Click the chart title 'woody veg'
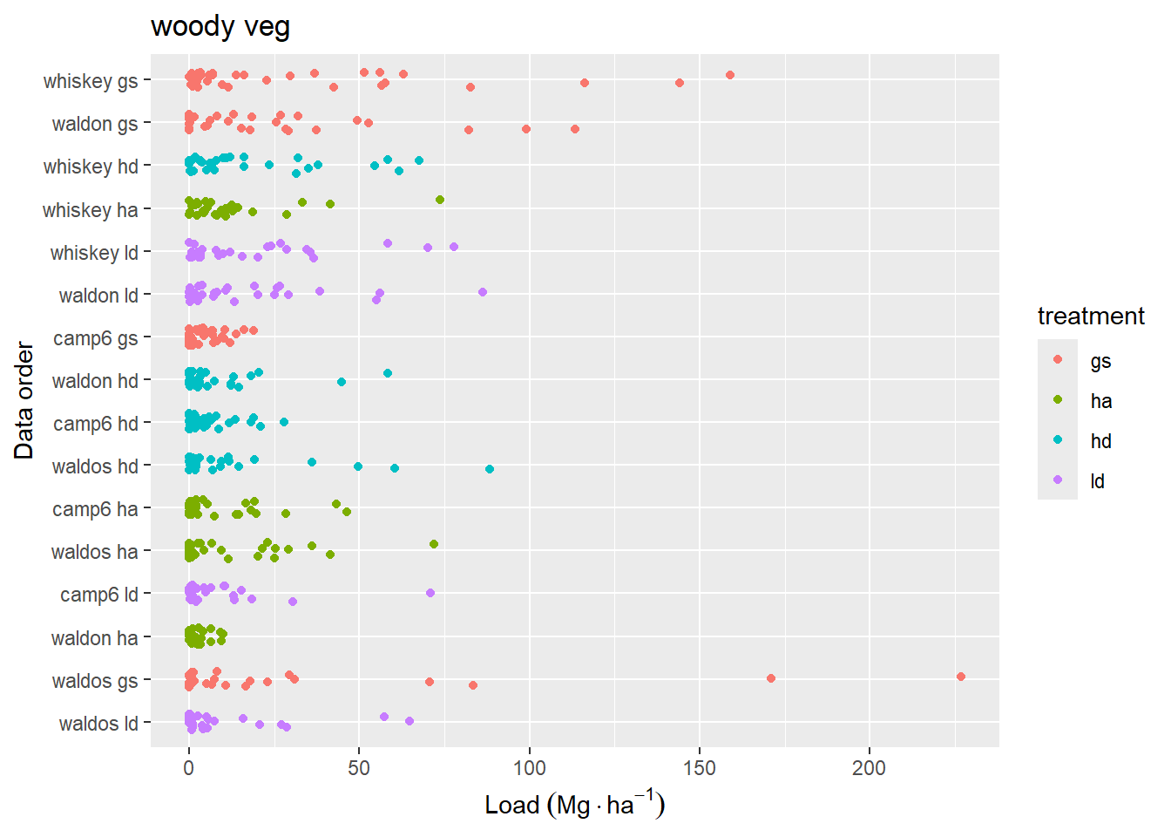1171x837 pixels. point(220,27)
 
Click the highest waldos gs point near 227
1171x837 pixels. point(961,677)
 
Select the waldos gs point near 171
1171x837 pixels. point(771,678)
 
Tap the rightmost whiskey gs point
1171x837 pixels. point(730,75)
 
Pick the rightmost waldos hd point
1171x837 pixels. point(490,469)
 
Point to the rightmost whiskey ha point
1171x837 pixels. point(440,200)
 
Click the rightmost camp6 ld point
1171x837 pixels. point(430,593)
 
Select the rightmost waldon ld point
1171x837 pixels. point(483,292)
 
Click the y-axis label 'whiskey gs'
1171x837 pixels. point(91,81)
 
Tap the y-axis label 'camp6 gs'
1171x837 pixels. point(96,338)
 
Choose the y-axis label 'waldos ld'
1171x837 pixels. point(98,724)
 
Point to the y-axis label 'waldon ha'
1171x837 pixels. point(94,638)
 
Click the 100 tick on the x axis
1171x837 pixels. point(529,768)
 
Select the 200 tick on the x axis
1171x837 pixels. point(869,768)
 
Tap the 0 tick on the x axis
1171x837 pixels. point(189,768)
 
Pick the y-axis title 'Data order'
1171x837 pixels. point(24,400)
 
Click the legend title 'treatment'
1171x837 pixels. point(1091,316)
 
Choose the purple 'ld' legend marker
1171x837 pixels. point(1058,480)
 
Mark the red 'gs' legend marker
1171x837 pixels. point(1058,360)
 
